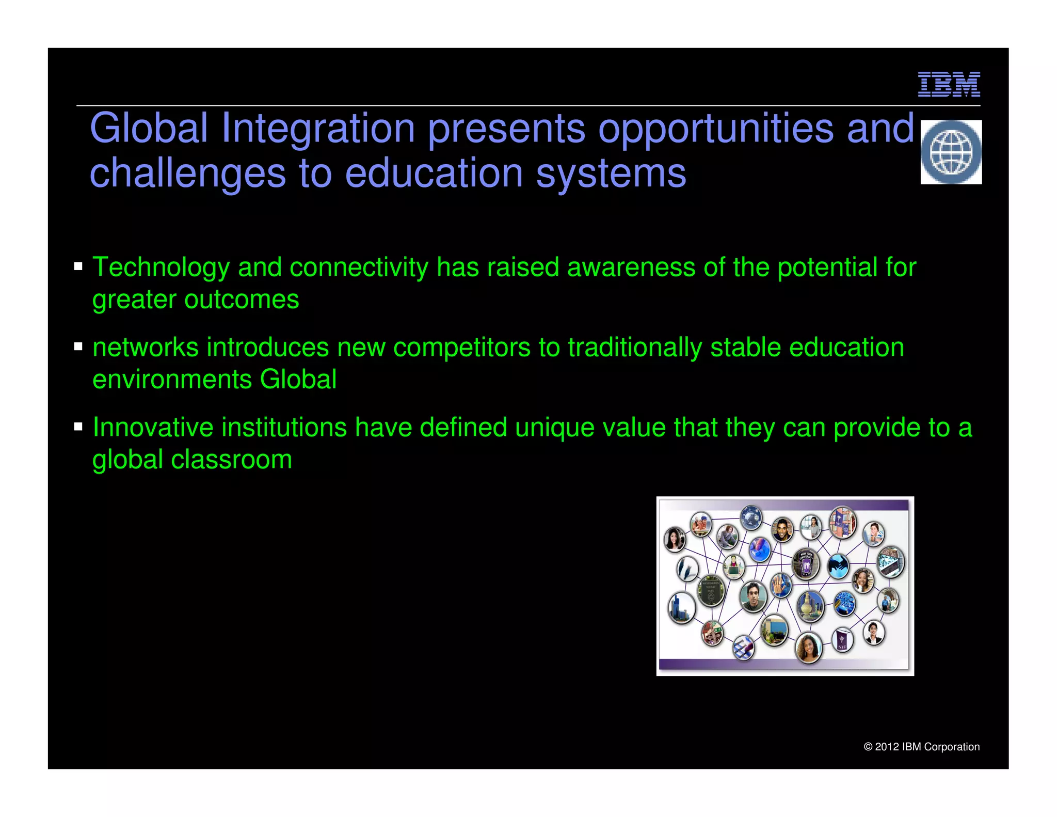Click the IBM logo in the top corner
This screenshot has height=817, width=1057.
coord(949,84)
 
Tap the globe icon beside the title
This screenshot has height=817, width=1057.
coord(951,152)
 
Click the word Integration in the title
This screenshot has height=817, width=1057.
coord(318,128)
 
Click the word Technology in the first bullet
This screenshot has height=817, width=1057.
coord(161,268)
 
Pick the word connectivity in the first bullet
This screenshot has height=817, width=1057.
coord(359,268)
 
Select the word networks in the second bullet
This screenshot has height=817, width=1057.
coord(146,348)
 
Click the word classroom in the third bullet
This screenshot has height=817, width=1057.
coord(231,460)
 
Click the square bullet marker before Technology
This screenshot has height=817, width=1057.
coord(78,266)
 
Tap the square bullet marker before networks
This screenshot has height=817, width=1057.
coord(78,347)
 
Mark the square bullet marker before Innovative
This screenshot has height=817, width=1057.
coord(78,427)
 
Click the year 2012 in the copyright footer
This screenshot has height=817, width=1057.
coord(887,747)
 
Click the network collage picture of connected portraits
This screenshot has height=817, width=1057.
coord(784,586)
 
